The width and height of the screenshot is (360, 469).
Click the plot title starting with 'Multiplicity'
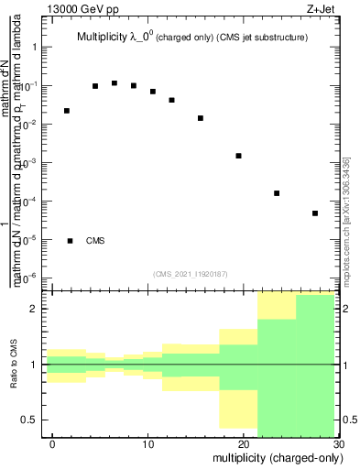pos(191,38)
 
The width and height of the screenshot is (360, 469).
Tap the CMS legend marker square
pos(70,241)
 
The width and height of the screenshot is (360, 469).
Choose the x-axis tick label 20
pos(242,444)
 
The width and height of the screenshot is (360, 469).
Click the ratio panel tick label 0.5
pos(29,420)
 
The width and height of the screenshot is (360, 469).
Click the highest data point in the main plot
pos(115,83)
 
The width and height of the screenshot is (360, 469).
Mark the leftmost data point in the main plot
pos(67,111)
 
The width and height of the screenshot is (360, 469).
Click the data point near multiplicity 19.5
pos(238,156)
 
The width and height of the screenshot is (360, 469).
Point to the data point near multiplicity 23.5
pos(276,193)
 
